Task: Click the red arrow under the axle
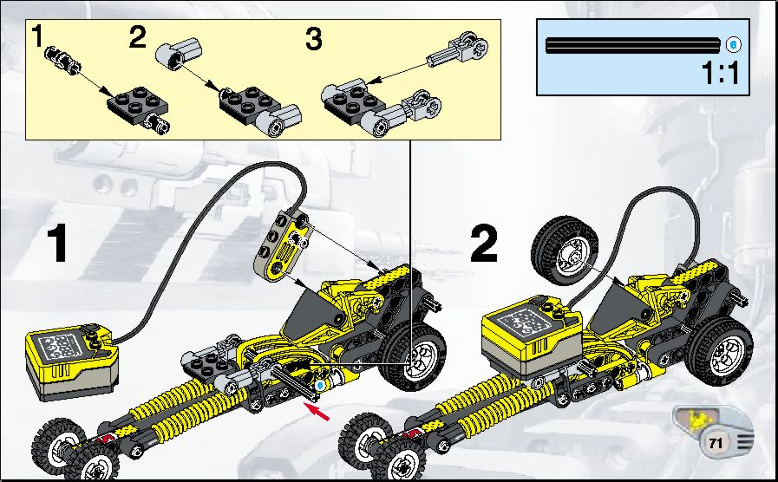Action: pos(317,412)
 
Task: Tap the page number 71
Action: pos(715,443)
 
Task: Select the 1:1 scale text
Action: pos(721,73)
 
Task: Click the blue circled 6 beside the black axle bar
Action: pos(734,44)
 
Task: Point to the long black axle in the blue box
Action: pos(632,45)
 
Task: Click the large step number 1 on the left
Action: pos(57,243)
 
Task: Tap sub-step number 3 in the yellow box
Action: pos(314,39)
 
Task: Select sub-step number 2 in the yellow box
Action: pos(137,36)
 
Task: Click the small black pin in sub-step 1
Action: pos(62,59)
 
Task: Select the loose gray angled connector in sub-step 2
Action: pos(179,53)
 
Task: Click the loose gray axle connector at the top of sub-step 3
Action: pos(457,50)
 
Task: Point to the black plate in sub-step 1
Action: pos(137,101)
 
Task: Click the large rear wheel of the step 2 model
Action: pos(721,347)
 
